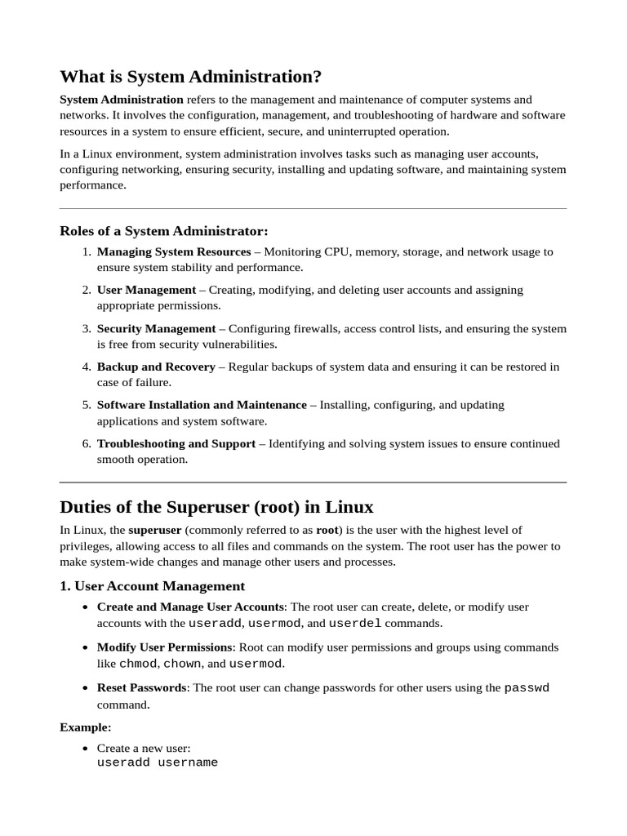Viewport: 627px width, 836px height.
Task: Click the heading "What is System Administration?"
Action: click(x=190, y=77)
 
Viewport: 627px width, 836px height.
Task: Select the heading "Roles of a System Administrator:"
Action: click(x=163, y=231)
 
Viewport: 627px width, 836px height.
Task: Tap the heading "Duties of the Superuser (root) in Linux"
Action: click(x=216, y=507)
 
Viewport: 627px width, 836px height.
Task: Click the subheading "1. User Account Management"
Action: click(x=152, y=586)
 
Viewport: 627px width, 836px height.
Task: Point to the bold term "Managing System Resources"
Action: click(x=173, y=252)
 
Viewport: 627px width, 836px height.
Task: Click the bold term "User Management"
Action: click(x=146, y=290)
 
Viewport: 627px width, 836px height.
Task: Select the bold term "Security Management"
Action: click(x=156, y=328)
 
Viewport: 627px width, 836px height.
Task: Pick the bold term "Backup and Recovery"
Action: click(x=156, y=367)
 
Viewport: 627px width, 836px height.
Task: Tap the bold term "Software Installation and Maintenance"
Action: click(x=202, y=405)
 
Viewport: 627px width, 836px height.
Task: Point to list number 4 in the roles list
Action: click(x=86, y=367)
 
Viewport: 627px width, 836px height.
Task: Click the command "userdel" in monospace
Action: click(x=354, y=624)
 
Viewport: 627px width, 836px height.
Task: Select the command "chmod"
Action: click(x=138, y=664)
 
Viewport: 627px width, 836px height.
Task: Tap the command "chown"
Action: click(x=182, y=664)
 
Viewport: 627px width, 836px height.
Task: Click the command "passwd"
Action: click(x=527, y=687)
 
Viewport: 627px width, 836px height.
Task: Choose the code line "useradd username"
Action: click(x=158, y=763)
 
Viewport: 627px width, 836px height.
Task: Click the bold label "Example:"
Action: click(x=85, y=727)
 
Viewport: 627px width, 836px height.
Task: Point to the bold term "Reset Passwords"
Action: click(x=141, y=687)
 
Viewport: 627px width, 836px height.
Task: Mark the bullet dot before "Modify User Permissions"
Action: click(x=86, y=647)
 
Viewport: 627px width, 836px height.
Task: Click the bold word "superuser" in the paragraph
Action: click(x=154, y=530)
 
